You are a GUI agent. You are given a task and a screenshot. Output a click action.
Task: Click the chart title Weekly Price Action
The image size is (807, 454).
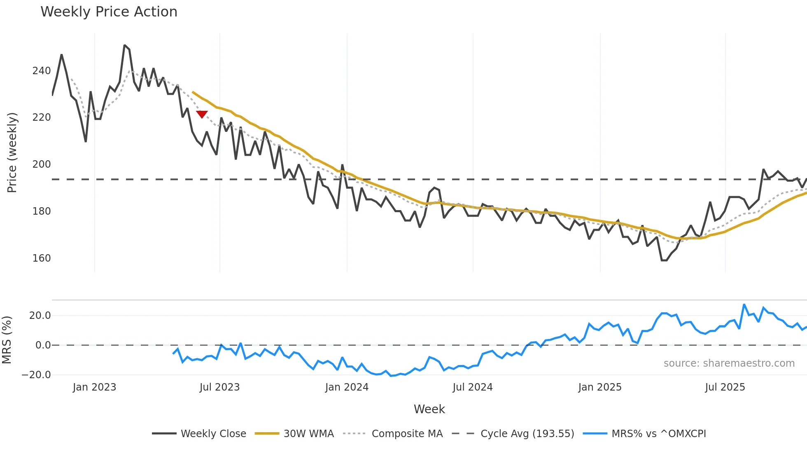click(x=109, y=12)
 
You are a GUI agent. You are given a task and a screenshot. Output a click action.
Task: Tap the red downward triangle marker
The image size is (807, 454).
click(x=202, y=114)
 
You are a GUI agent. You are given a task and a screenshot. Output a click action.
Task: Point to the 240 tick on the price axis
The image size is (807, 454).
click(x=42, y=71)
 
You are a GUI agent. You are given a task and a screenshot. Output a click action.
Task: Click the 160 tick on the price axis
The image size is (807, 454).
click(x=42, y=258)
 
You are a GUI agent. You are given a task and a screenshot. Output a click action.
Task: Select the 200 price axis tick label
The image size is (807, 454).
click(x=42, y=164)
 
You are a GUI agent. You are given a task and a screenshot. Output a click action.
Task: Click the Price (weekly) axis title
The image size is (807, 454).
click(x=12, y=152)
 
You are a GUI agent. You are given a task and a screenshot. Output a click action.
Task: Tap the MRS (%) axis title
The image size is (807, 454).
click(x=7, y=340)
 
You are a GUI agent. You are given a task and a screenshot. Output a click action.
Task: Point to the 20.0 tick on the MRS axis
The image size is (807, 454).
click(x=40, y=316)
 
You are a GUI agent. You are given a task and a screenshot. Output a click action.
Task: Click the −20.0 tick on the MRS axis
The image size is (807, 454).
click(x=36, y=375)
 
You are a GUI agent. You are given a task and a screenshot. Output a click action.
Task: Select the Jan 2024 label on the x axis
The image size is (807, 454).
click(x=347, y=387)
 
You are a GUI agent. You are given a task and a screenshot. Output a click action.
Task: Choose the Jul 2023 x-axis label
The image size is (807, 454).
click(x=219, y=387)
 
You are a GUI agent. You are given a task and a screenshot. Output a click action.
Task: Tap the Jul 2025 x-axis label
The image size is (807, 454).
click(x=725, y=387)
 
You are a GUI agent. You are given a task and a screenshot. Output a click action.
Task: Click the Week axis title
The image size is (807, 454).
click(x=429, y=409)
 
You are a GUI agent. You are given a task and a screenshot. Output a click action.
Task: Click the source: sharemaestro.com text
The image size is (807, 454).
click(x=729, y=363)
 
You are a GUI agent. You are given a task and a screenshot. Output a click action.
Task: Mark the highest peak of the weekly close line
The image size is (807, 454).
click(x=125, y=45)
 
